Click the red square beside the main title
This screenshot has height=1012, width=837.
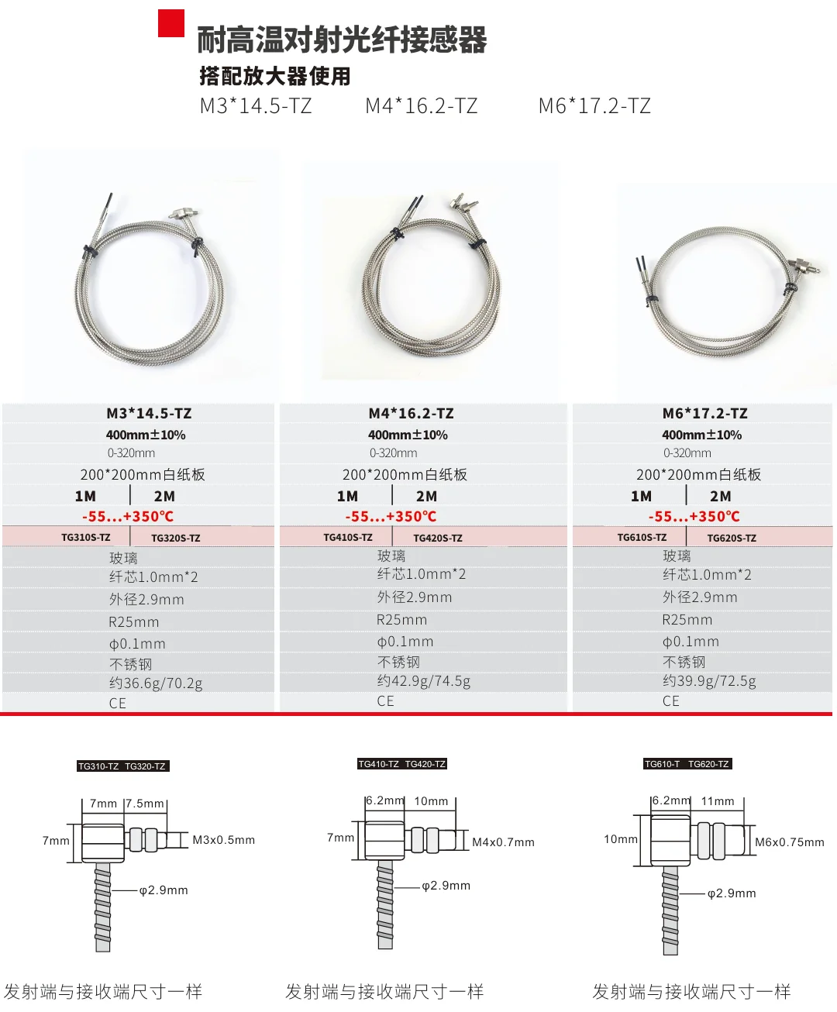[x=171, y=23]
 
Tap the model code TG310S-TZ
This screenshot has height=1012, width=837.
[x=86, y=538]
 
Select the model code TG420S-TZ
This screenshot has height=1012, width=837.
[x=438, y=538]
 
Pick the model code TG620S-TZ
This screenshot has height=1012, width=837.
[x=732, y=538]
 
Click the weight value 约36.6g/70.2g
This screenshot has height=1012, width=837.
[x=156, y=683]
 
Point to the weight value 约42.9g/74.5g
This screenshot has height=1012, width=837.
[x=424, y=681]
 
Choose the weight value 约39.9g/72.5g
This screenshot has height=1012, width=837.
[x=709, y=681]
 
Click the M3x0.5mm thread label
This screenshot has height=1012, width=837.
[x=223, y=840]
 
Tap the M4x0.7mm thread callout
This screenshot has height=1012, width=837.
[x=503, y=842]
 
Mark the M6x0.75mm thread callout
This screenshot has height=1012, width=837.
[x=790, y=842]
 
